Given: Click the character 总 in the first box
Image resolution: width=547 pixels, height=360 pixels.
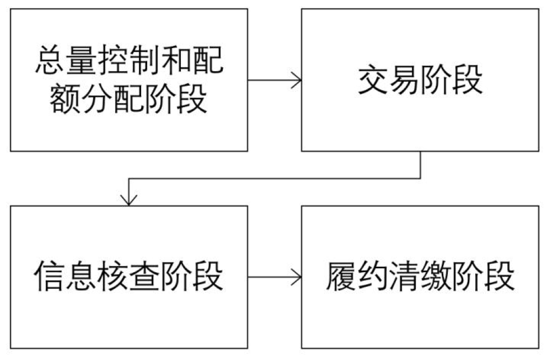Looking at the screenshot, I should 49,62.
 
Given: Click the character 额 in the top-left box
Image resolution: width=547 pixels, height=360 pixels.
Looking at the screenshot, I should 65,99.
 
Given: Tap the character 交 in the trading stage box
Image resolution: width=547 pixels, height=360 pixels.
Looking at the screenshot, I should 373,80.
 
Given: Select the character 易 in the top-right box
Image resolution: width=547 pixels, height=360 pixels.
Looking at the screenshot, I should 405,80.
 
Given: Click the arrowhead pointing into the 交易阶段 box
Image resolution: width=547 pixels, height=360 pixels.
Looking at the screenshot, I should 297,80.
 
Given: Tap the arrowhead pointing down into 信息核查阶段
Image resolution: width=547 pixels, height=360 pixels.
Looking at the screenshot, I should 129,200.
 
